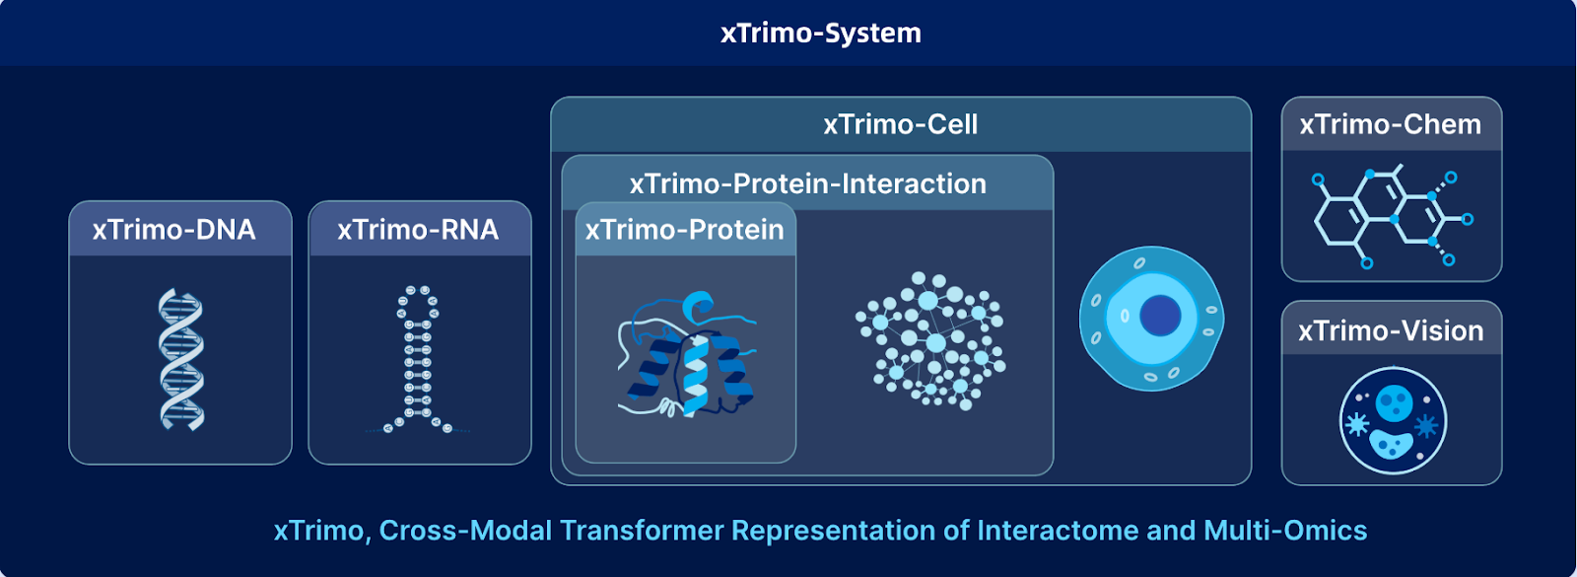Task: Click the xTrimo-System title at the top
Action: click(x=821, y=34)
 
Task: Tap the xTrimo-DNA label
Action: click(x=173, y=230)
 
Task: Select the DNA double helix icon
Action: click(x=181, y=359)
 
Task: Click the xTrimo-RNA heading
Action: click(x=418, y=230)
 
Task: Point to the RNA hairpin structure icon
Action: click(x=418, y=359)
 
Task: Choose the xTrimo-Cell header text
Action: click(x=901, y=124)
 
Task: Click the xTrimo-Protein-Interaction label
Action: click(x=807, y=183)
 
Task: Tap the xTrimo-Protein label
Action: click(x=684, y=230)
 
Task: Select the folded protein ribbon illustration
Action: click(x=687, y=354)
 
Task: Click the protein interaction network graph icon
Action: click(x=930, y=341)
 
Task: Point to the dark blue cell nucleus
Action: click(x=1160, y=315)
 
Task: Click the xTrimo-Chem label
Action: click(x=1391, y=124)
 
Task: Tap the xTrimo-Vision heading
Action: click(x=1391, y=331)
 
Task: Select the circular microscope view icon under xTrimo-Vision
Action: click(x=1393, y=420)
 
